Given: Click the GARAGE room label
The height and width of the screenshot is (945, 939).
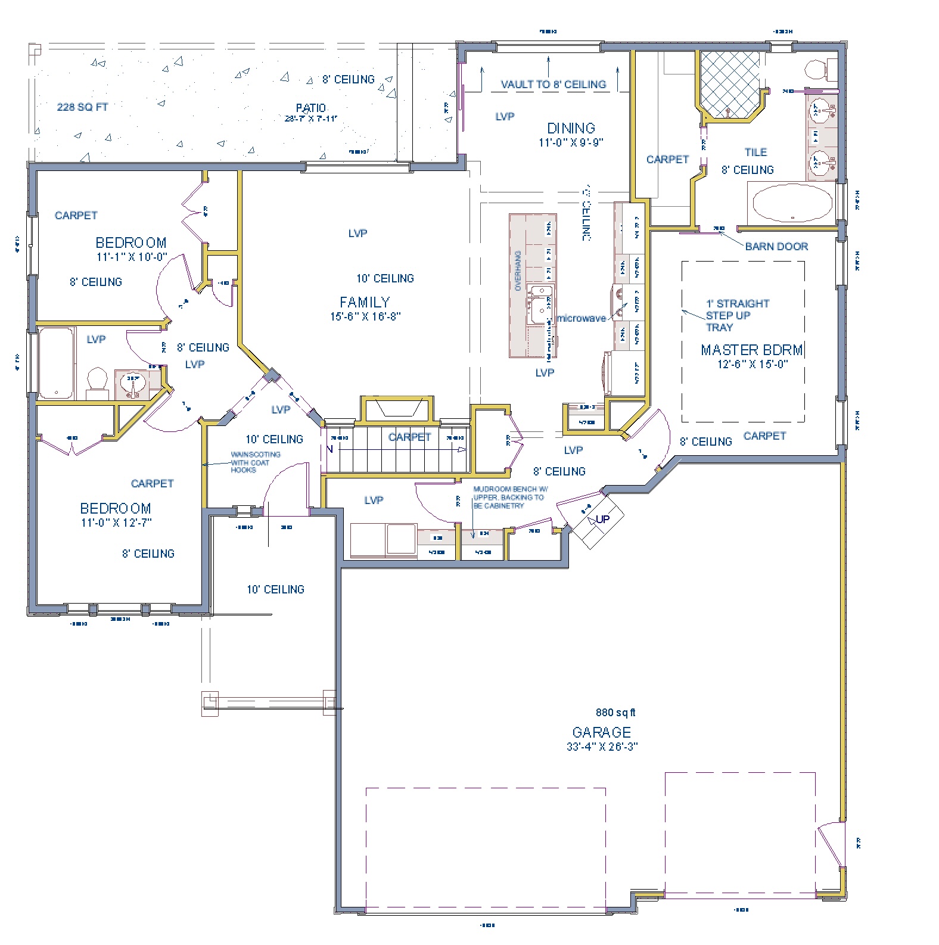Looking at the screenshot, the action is pos(601,732).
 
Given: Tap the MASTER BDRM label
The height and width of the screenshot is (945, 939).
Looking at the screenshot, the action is pos(751,350).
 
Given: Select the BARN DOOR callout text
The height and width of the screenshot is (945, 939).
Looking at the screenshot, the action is pos(776,246).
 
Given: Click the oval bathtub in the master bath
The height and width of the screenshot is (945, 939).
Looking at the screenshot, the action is pos(792,203).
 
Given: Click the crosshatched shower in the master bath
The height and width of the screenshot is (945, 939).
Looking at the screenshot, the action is pos(730,84).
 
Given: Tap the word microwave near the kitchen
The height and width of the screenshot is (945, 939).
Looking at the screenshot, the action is pos(581,319).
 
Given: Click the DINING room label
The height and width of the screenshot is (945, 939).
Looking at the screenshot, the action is pos(571,128).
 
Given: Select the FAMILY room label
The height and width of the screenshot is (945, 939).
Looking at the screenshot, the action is pos(365,302).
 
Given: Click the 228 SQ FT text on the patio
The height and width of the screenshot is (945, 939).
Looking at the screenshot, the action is pos(82,107).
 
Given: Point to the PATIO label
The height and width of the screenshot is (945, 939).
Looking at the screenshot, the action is pos(311,108).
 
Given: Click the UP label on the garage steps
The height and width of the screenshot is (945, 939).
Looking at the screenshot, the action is pos(602,519).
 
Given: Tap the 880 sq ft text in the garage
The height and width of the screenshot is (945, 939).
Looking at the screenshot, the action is pos(615,713).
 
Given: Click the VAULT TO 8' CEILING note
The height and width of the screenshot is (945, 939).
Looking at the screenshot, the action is pos(553,85).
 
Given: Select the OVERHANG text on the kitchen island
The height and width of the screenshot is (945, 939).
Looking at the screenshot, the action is pos(518,271).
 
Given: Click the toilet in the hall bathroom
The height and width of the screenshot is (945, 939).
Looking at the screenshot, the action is pos(97,382).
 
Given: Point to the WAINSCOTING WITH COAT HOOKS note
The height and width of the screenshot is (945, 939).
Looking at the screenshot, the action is pos(254,462).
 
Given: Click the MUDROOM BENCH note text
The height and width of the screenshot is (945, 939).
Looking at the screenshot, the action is pos(509,497).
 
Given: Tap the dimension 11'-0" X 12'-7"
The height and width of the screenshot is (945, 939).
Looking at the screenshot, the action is pos(116,523).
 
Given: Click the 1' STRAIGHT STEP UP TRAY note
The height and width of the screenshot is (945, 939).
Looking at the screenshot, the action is pos(737,315).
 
